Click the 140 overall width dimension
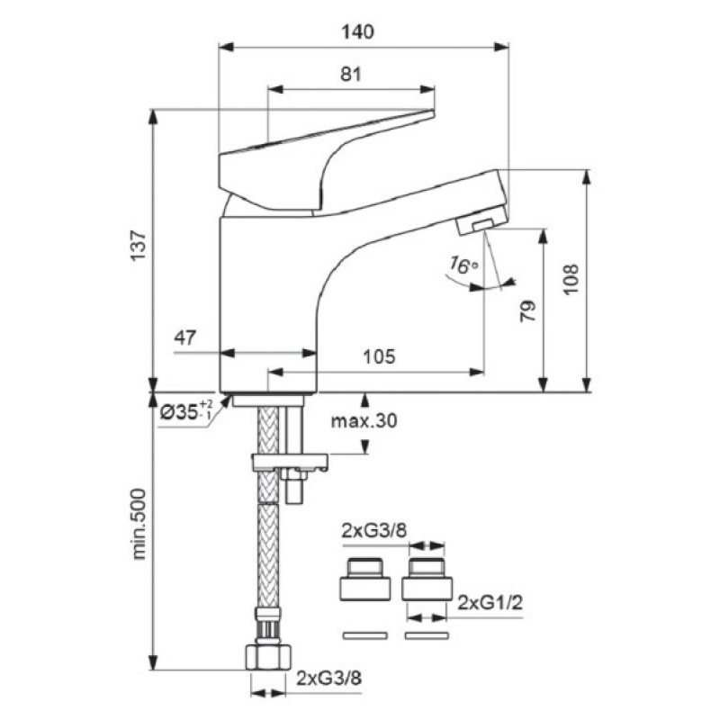point(357,32)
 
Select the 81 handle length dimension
point(351,75)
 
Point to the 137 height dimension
point(139,246)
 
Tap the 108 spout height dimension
point(571,279)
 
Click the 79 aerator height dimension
point(528,310)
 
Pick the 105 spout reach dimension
point(379,356)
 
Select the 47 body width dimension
point(184,338)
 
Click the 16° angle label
point(463,265)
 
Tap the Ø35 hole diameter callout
point(186,410)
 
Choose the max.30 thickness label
point(364,420)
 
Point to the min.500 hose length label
point(139,524)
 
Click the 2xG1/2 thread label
point(490,602)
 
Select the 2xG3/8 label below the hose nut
point(328,678)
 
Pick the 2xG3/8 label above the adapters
point(374,531)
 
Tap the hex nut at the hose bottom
point(268,657)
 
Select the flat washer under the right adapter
point(427,636)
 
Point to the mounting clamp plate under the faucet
point(290,462)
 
